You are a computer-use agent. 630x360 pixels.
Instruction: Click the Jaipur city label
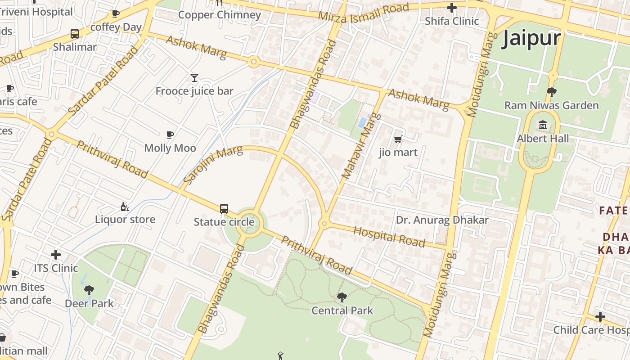531,38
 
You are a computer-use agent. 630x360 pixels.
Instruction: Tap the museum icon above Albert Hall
543,125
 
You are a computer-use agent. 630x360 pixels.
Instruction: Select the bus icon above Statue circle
224,208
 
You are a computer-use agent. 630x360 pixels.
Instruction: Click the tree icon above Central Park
342,297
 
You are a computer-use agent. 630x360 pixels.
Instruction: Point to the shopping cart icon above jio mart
398,139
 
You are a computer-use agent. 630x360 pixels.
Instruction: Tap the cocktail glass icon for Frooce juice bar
194,78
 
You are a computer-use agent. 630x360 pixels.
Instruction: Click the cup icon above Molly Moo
170,135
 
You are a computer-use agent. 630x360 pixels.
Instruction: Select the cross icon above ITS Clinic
56,255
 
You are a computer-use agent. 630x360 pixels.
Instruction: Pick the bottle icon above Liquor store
125,207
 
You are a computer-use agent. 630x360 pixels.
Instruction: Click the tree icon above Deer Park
89,290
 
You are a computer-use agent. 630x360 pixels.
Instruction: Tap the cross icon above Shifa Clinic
452,8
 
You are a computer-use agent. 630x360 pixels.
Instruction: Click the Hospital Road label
389,237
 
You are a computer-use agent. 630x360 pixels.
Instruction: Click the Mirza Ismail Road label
364,12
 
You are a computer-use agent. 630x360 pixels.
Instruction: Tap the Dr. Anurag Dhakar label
442,220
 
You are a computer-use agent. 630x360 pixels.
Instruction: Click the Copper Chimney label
220,15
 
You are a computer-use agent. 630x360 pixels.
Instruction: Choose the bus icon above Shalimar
75,34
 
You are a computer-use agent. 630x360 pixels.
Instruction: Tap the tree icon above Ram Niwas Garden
551,92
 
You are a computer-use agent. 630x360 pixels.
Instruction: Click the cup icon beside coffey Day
116,13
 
